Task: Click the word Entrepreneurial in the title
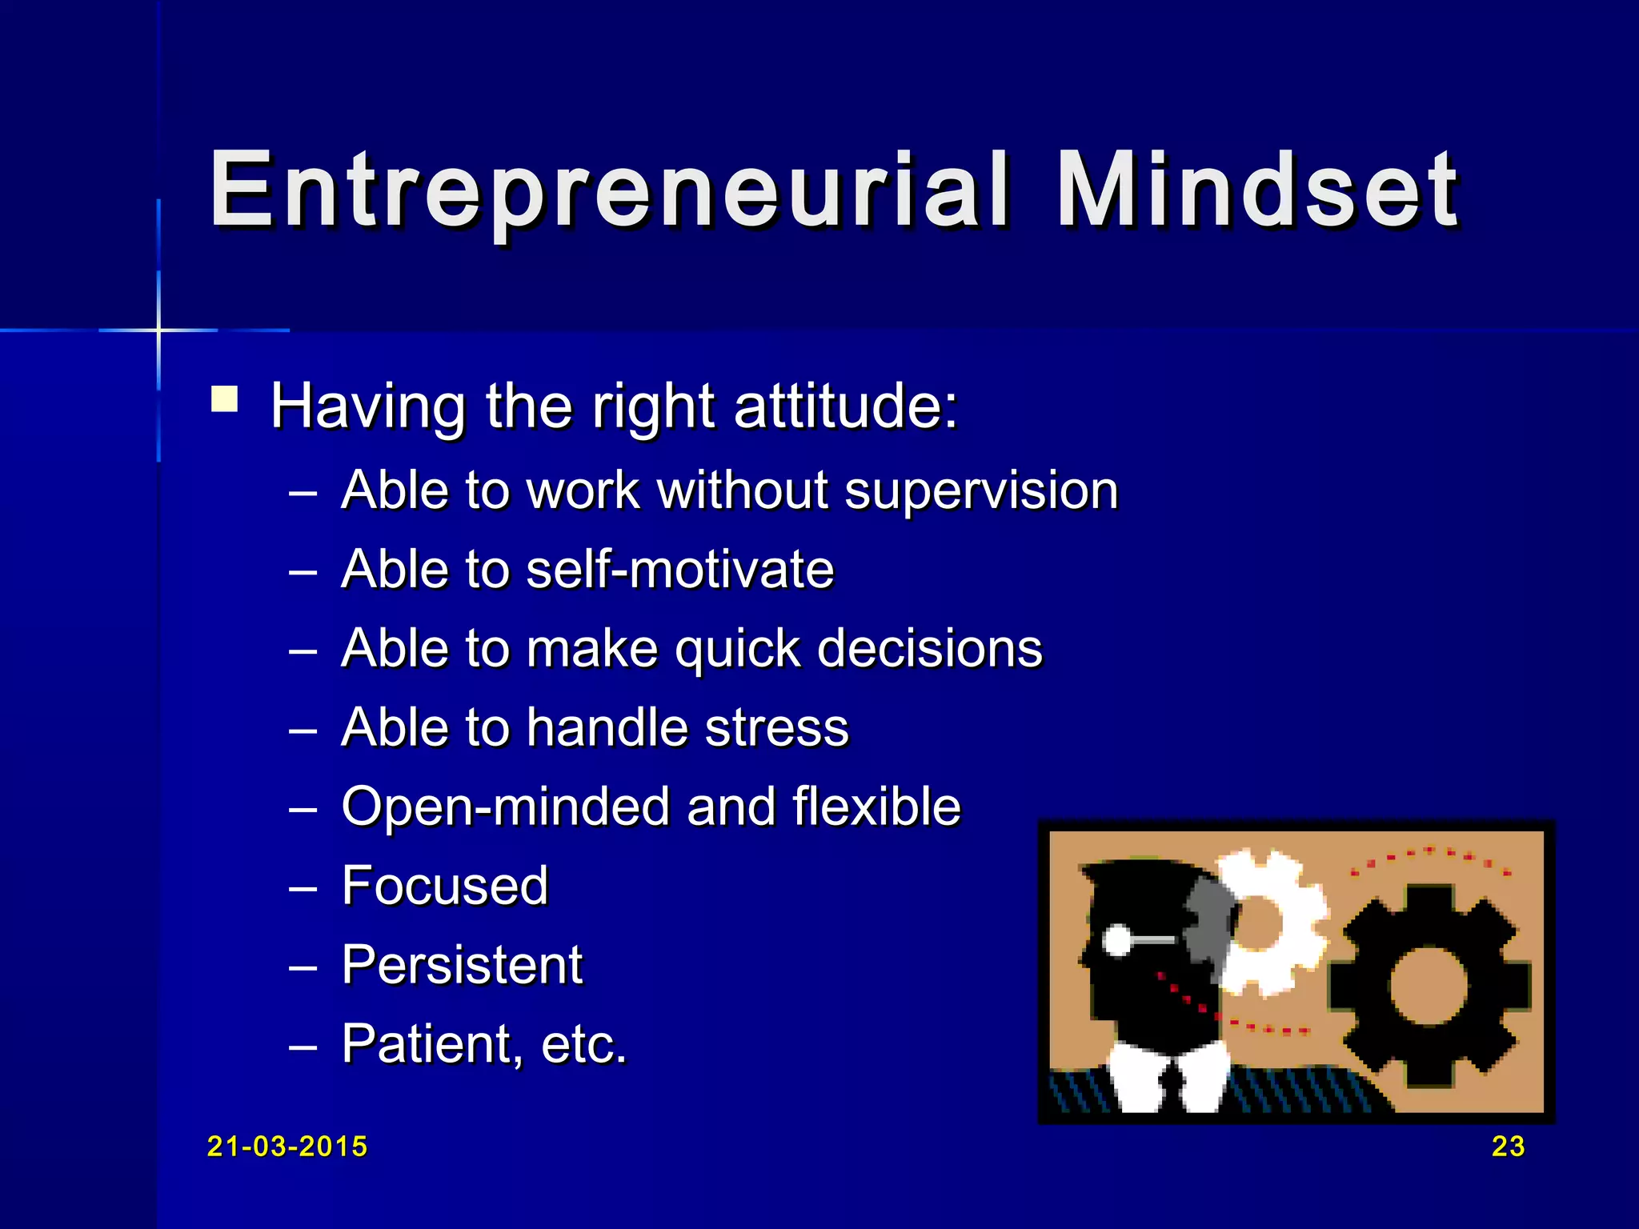click(x=608, y=192)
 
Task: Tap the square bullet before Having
click(x=225, y=399)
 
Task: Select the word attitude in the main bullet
click(x=845, y=406)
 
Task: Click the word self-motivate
click(x=680, y=569)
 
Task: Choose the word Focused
click(x=445, y=886)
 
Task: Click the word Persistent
click(x=462, y=964)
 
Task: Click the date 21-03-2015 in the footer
click(x=287, y=1147)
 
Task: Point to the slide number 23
click(x=1508, y=1147)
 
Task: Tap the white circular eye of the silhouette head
click(x=1116, y=940)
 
